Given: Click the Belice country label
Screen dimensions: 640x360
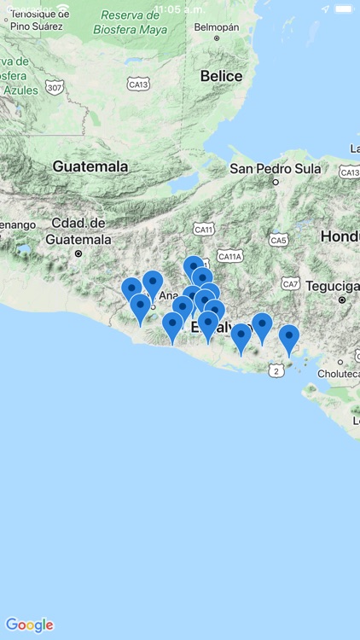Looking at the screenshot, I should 221,76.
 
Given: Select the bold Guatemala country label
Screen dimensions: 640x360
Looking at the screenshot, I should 90,166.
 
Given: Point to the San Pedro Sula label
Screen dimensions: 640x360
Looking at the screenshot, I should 275,168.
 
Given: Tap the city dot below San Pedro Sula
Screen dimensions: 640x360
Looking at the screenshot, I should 276,182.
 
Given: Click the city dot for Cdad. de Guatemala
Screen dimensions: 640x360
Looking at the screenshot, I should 78,253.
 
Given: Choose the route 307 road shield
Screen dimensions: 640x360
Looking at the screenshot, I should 55,88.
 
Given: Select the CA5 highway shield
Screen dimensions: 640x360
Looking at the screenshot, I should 278,240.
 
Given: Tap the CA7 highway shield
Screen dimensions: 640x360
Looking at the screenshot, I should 291,283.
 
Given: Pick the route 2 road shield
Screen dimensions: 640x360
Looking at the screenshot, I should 276,370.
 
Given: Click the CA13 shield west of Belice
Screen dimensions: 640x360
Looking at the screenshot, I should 138,84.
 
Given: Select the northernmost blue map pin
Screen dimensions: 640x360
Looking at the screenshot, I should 194,267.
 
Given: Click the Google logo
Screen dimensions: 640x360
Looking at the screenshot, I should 29,625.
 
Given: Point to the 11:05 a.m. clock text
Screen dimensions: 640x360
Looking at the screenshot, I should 179,9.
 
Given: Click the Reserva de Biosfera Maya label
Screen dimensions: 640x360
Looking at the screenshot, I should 130,21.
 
